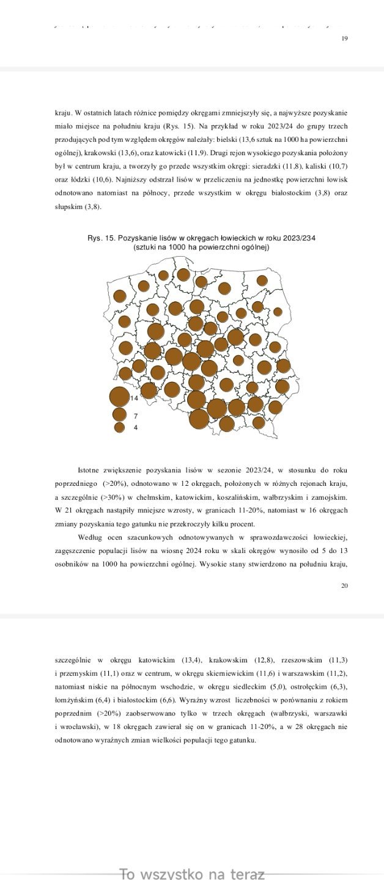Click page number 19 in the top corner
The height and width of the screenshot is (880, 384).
point(344,38)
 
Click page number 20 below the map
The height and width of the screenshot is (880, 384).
point(344,585)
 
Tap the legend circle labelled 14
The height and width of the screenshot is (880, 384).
point(119,397)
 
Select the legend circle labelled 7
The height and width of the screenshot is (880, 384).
point(120,414)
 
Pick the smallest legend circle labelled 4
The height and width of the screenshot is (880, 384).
point(120,427)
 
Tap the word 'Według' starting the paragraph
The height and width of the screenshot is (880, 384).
point(90,538)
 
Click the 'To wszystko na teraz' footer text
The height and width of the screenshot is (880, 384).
point(192,874)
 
